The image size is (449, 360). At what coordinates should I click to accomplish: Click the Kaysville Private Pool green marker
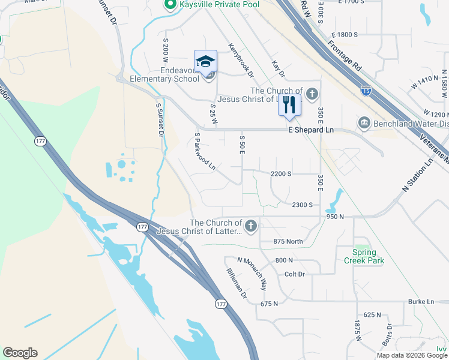[x=169, y=5]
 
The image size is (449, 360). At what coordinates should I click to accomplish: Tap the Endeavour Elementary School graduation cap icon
[x=205, y=61]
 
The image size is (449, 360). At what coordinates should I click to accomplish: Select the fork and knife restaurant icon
[x=290, y=104]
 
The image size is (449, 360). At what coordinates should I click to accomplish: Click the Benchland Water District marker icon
[x=364, y=124]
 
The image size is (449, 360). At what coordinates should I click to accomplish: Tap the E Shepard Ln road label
[x=311, y=130]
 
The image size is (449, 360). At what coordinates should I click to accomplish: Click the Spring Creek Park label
[x=364, y=256]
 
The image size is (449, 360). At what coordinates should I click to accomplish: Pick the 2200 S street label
[x=281, y=173]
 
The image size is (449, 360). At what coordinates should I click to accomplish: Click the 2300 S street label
[x=302, y=205]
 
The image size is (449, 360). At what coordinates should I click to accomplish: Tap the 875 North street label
[x=287, y=241]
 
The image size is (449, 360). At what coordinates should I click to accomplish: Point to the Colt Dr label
[x=295, y=274]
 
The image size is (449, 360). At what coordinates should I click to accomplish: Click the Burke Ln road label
[x=421, y=301]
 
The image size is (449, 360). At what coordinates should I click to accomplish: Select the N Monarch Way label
[x=252, y=273]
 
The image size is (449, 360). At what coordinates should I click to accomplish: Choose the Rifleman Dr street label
[x=237, y=283]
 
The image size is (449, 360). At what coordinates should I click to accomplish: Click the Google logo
[x=20, y=353]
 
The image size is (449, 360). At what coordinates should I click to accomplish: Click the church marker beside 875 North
[x=251, y=226]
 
